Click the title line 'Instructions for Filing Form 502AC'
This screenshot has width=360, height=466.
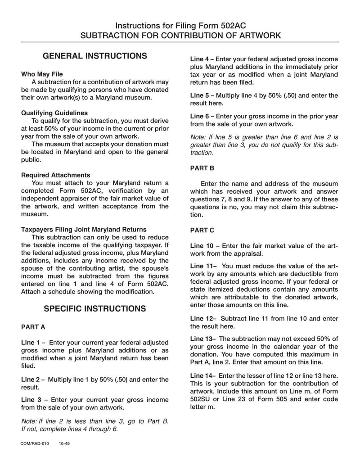(x=180, y=26)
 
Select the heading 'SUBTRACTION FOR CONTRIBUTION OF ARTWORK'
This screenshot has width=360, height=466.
(x=180, y=36)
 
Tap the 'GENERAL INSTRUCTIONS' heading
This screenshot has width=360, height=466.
(x=94, y=56)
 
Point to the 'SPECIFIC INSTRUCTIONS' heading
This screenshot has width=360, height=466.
(x=94, y=308)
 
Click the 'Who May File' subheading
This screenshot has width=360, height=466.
(x=42, y=74)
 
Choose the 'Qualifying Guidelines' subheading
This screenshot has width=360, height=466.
(x=54, y=113)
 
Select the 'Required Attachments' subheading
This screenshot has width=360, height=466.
(x=56, y=175)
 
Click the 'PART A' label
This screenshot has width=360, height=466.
(x=33, y=326)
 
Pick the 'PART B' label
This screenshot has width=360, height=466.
(x=202, y=168)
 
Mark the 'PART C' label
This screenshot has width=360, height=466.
(x=202, y=230)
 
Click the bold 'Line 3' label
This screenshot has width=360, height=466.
(x=32, y=400)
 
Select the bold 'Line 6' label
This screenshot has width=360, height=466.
(x=201, y=116)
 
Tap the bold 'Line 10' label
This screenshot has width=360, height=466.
(x=202, y=246)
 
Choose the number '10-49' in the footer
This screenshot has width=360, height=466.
(x=64, y=443)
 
